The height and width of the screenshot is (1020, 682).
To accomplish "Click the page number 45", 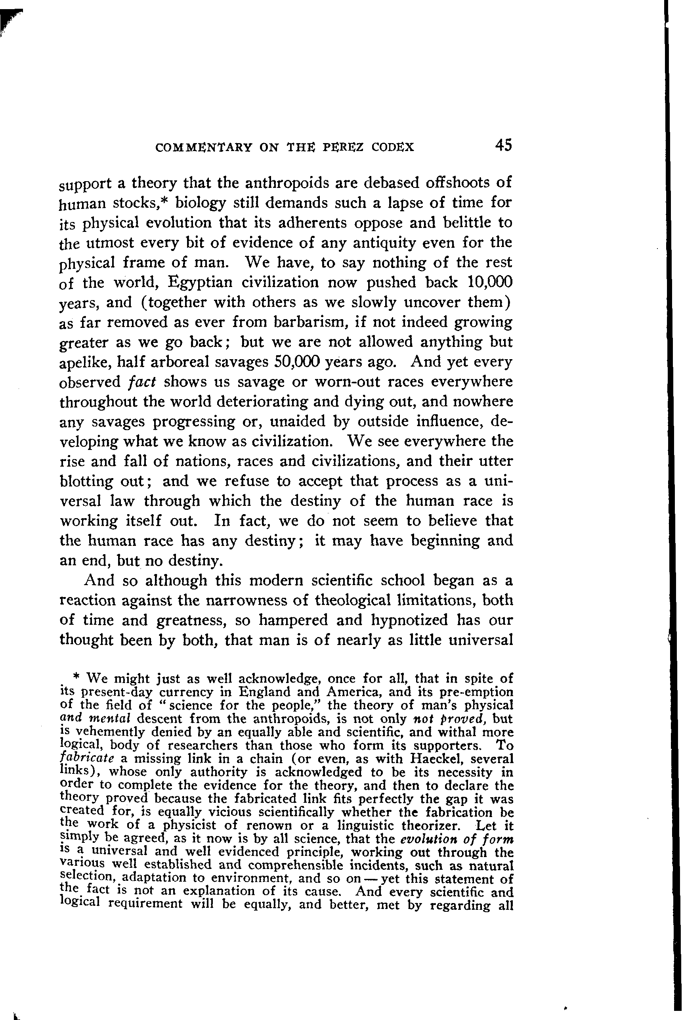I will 503,145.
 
